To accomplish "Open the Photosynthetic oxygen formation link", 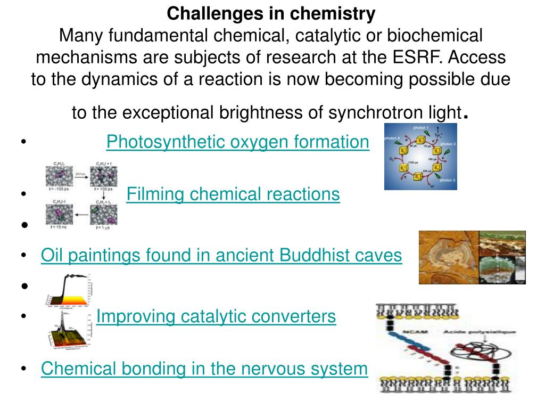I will [237, 142].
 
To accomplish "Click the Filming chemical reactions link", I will [233, 194].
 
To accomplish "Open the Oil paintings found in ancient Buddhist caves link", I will [221, 256].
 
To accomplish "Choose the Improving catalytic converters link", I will [216, 316].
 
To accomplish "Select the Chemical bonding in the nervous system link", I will [204, 369].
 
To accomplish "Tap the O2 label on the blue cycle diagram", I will [390, 158].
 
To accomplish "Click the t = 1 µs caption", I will [103, 228].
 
